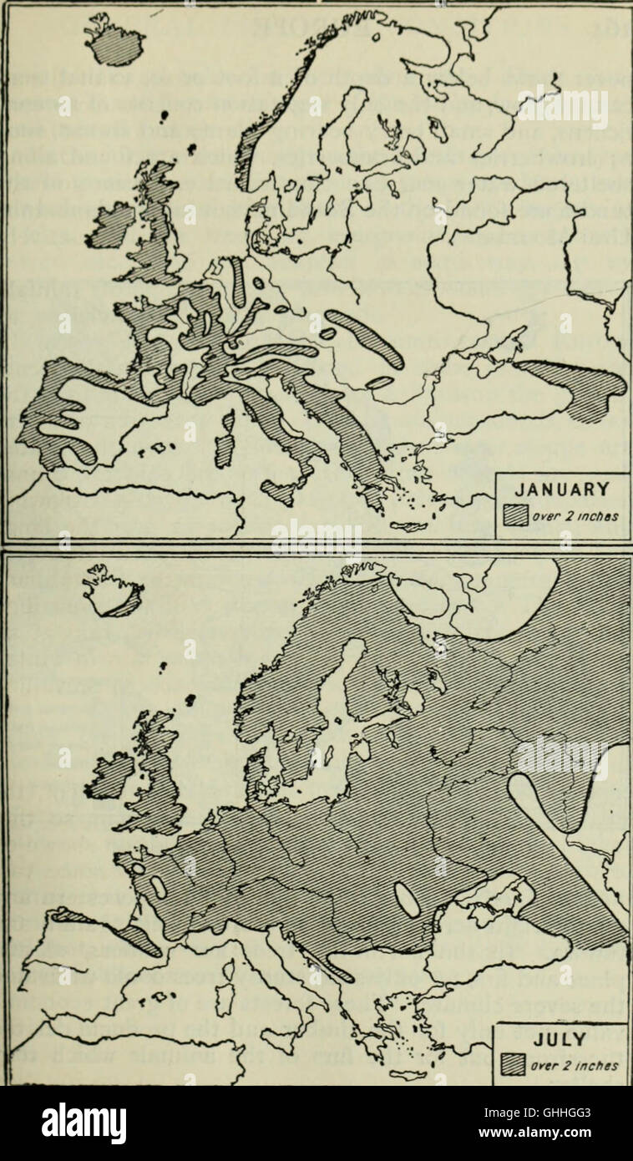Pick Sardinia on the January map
(x=224, y=440)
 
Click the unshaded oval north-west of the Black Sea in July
(x=408, y=900)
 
